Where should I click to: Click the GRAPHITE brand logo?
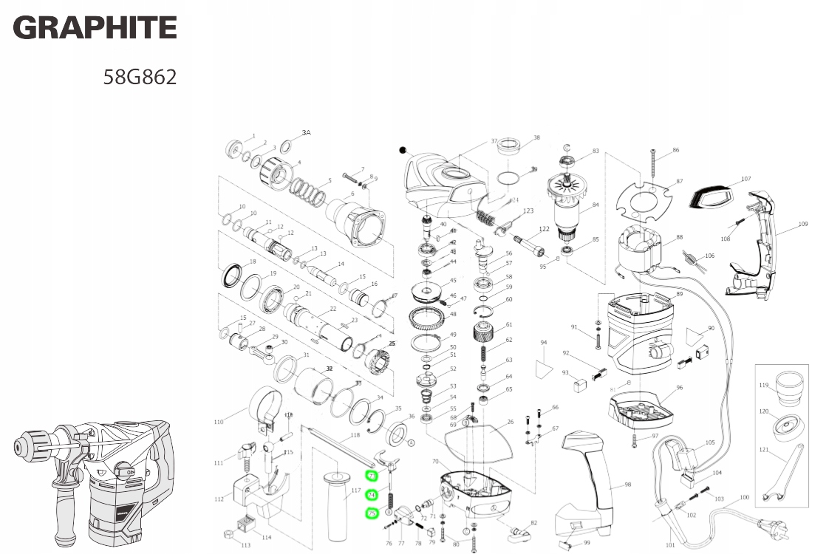(x=95, y=28)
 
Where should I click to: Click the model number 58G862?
(x=140, y=77)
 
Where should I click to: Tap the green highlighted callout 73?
(x=372, y=476)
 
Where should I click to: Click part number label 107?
(x=745, y=179)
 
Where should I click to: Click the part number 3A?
(x=306, y=133)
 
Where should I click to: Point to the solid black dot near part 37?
(x=403, y=150)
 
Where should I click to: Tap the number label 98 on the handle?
(x=627, y=485)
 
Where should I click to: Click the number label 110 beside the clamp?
(x=218, y=422)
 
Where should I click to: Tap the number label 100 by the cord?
(x=744, y=497)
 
